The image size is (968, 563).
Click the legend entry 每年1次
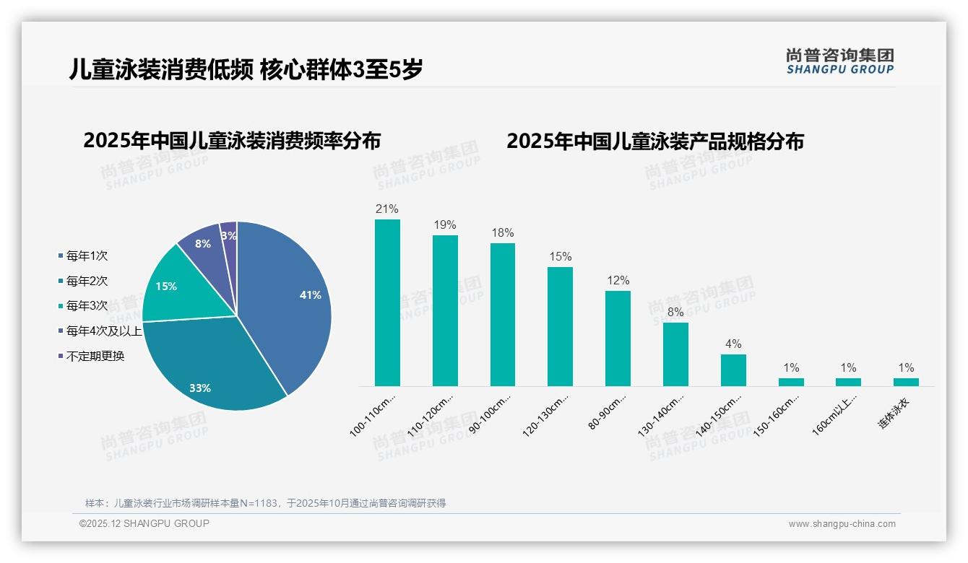tap(87, 256)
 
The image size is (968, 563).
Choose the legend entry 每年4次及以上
tap(104, 331)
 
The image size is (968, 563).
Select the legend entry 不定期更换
tap(95, 356)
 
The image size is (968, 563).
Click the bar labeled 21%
tap(387, 302)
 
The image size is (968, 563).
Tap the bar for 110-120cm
tap(445, 310)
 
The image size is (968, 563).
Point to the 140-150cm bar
tap(733, 370)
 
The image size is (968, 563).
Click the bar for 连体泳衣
tap(906, 382)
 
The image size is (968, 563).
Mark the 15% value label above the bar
tap(560, 256)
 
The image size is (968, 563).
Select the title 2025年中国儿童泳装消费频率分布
tap(232, 140)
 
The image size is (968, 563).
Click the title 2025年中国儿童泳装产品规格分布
tap(654, 141)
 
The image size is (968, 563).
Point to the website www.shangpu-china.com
tap(842, 524)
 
